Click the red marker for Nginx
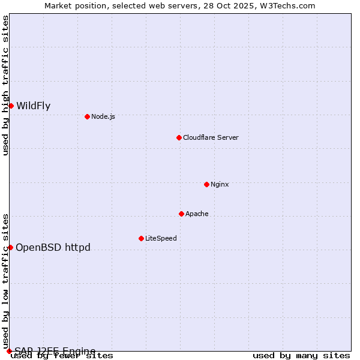tap(206, 184)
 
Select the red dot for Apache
tap(181, 214)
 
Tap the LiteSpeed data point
tap(141, 238)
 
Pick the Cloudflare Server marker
tap(179, 137)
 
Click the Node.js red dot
tap(87, 116)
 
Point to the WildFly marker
tap(11, 106)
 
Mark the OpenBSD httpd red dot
tap(10, 247)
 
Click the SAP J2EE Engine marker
tap(9, 351)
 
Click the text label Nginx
tap(220, 184)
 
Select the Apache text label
tap(197, 214)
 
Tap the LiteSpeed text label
tap(161, 238)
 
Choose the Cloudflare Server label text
tap(211, 137)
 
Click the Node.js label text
tap(103, 116)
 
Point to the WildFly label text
tap(34, 106)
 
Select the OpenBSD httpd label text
tap(53, 247)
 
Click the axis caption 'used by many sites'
tap(301, 356)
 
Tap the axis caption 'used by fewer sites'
tap(62, 356)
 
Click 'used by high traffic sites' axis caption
tap(5, 85)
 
